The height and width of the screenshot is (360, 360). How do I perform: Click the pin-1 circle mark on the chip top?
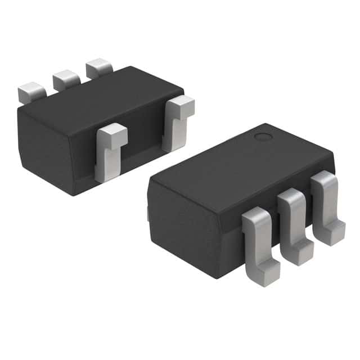click(x=262, y=137)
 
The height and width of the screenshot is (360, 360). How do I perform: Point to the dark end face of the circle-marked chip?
click(x=180, y=231)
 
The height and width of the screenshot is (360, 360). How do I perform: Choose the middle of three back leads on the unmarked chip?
click(x=66, y=79)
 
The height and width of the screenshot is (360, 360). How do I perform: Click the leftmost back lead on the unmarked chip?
click(x=31, y=92)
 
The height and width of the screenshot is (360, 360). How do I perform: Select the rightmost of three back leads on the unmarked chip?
click(x=99, y=67)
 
